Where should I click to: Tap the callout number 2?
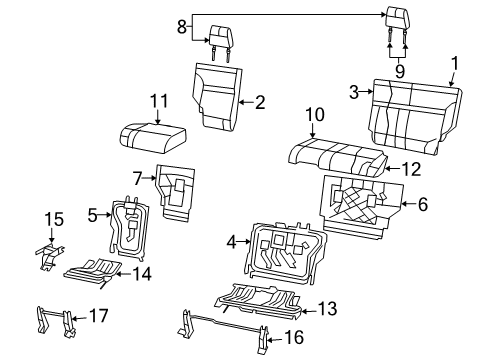point(259,100)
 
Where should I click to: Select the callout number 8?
point(181,29)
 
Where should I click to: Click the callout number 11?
point(155,101)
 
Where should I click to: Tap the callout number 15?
point(54,217)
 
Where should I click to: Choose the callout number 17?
point(98,316)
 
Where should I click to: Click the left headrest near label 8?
point(221,40)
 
